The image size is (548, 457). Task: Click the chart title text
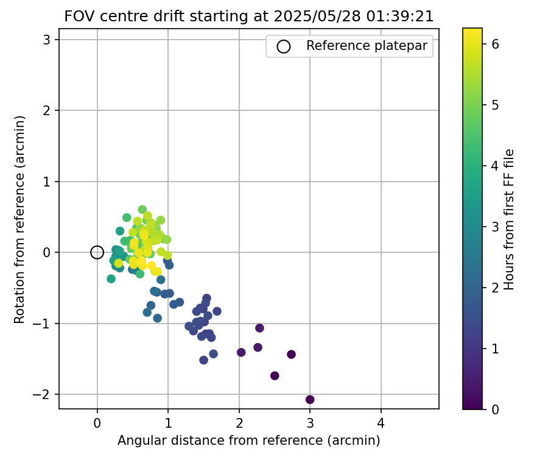248,17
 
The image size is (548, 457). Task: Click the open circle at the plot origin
97,252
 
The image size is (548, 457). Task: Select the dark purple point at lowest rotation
310,400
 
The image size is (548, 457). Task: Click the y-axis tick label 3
47,40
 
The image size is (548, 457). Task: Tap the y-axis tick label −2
44,394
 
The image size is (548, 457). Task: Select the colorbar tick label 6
495,44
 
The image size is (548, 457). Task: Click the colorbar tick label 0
495,409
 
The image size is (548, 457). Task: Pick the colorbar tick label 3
495,227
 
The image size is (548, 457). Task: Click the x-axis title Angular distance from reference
248,441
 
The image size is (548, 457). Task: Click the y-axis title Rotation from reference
20,219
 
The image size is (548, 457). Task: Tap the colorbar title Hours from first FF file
510,219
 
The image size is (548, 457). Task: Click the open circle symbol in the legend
283,46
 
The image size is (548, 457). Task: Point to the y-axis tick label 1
47,182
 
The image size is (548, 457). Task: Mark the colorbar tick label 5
495,105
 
